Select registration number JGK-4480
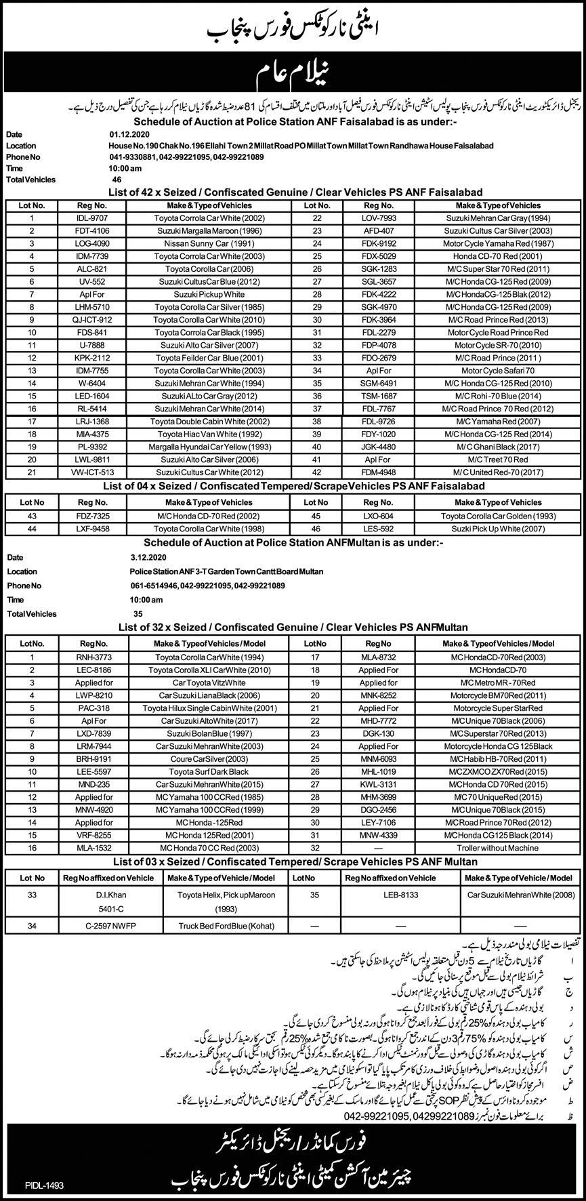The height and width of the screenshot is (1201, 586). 374,446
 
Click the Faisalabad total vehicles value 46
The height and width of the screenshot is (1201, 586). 117,180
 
